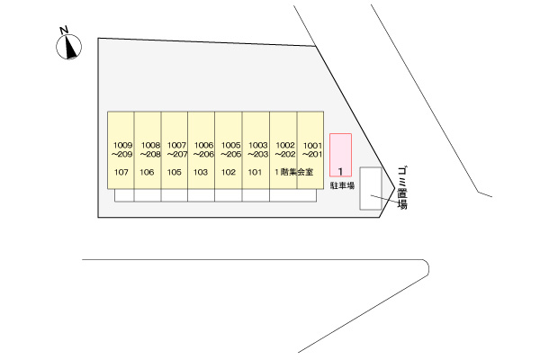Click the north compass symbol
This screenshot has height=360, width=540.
click(69, 47)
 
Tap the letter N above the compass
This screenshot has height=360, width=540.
click(64, 31)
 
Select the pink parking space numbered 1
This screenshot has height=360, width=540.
click(340, 155)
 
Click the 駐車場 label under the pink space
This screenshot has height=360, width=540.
click(342, 185)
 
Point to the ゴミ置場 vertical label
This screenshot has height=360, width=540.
click(402, 188)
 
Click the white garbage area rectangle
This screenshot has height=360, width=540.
click(371, 188)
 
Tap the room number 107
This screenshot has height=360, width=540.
click(121, 172)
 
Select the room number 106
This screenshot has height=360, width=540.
click(147, 172)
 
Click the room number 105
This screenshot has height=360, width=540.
click(175, 172)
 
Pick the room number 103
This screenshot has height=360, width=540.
click(201, 172)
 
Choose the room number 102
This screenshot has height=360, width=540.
click(229, 172)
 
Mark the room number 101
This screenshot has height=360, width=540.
click(255, 172)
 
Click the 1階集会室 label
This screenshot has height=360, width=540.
click(294, 172)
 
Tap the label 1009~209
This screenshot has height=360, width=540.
click(122, 150)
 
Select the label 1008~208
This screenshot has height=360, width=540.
click(150, 150)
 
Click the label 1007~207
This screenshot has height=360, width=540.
click(177, 150)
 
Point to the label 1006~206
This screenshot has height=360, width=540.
click(203, 150)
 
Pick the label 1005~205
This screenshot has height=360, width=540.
click(230, 150)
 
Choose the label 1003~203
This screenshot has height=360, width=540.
click(258, 150)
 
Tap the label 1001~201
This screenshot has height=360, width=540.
click(312, 150)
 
